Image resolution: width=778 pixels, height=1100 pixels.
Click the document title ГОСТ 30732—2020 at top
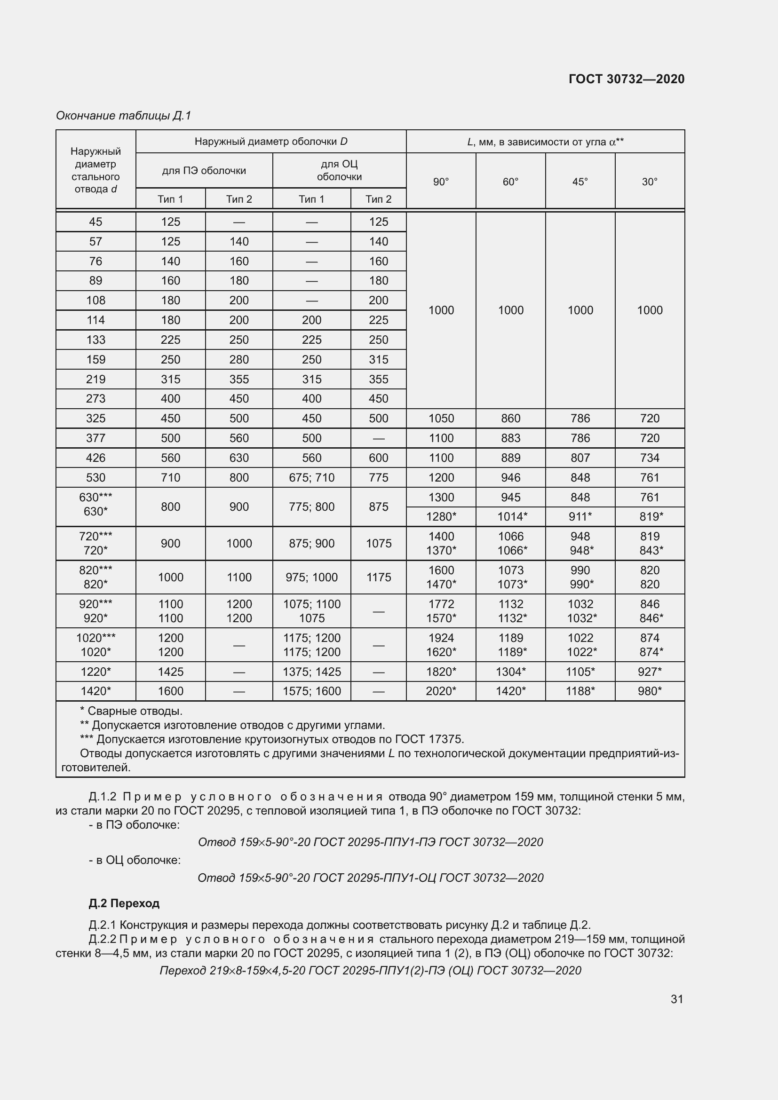pos(626,79)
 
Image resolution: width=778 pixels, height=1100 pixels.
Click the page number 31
pos(676,998)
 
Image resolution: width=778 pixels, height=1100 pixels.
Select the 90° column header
pos(441,182)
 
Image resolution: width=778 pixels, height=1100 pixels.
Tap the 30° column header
pos(649,182)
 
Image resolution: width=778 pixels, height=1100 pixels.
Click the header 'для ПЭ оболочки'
pos(204,171)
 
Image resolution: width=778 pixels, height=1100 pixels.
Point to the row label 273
pos(95,399)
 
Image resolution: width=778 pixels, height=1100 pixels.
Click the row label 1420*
pos(95,691)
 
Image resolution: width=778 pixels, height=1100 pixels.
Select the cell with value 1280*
pos(441,516)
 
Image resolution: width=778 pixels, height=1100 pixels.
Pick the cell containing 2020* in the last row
pos(441,691)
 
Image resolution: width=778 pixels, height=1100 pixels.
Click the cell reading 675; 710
pos(311,478)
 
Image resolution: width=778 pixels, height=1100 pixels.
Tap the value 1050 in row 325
pos(441,418)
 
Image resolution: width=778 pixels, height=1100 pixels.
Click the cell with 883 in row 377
pos(510,438)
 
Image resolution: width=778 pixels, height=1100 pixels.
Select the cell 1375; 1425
pos(311,672)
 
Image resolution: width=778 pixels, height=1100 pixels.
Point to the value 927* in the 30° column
pos(649,672)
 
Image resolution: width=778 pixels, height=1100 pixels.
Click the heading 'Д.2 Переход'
pos(124,903)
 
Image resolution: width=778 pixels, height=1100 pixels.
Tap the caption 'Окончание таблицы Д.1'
pos(123,116)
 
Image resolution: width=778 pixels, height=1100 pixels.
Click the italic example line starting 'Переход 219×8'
pos(370,970)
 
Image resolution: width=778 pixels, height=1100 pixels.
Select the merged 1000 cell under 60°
pos(510,310)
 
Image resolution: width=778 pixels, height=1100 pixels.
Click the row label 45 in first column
pos(95,222)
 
